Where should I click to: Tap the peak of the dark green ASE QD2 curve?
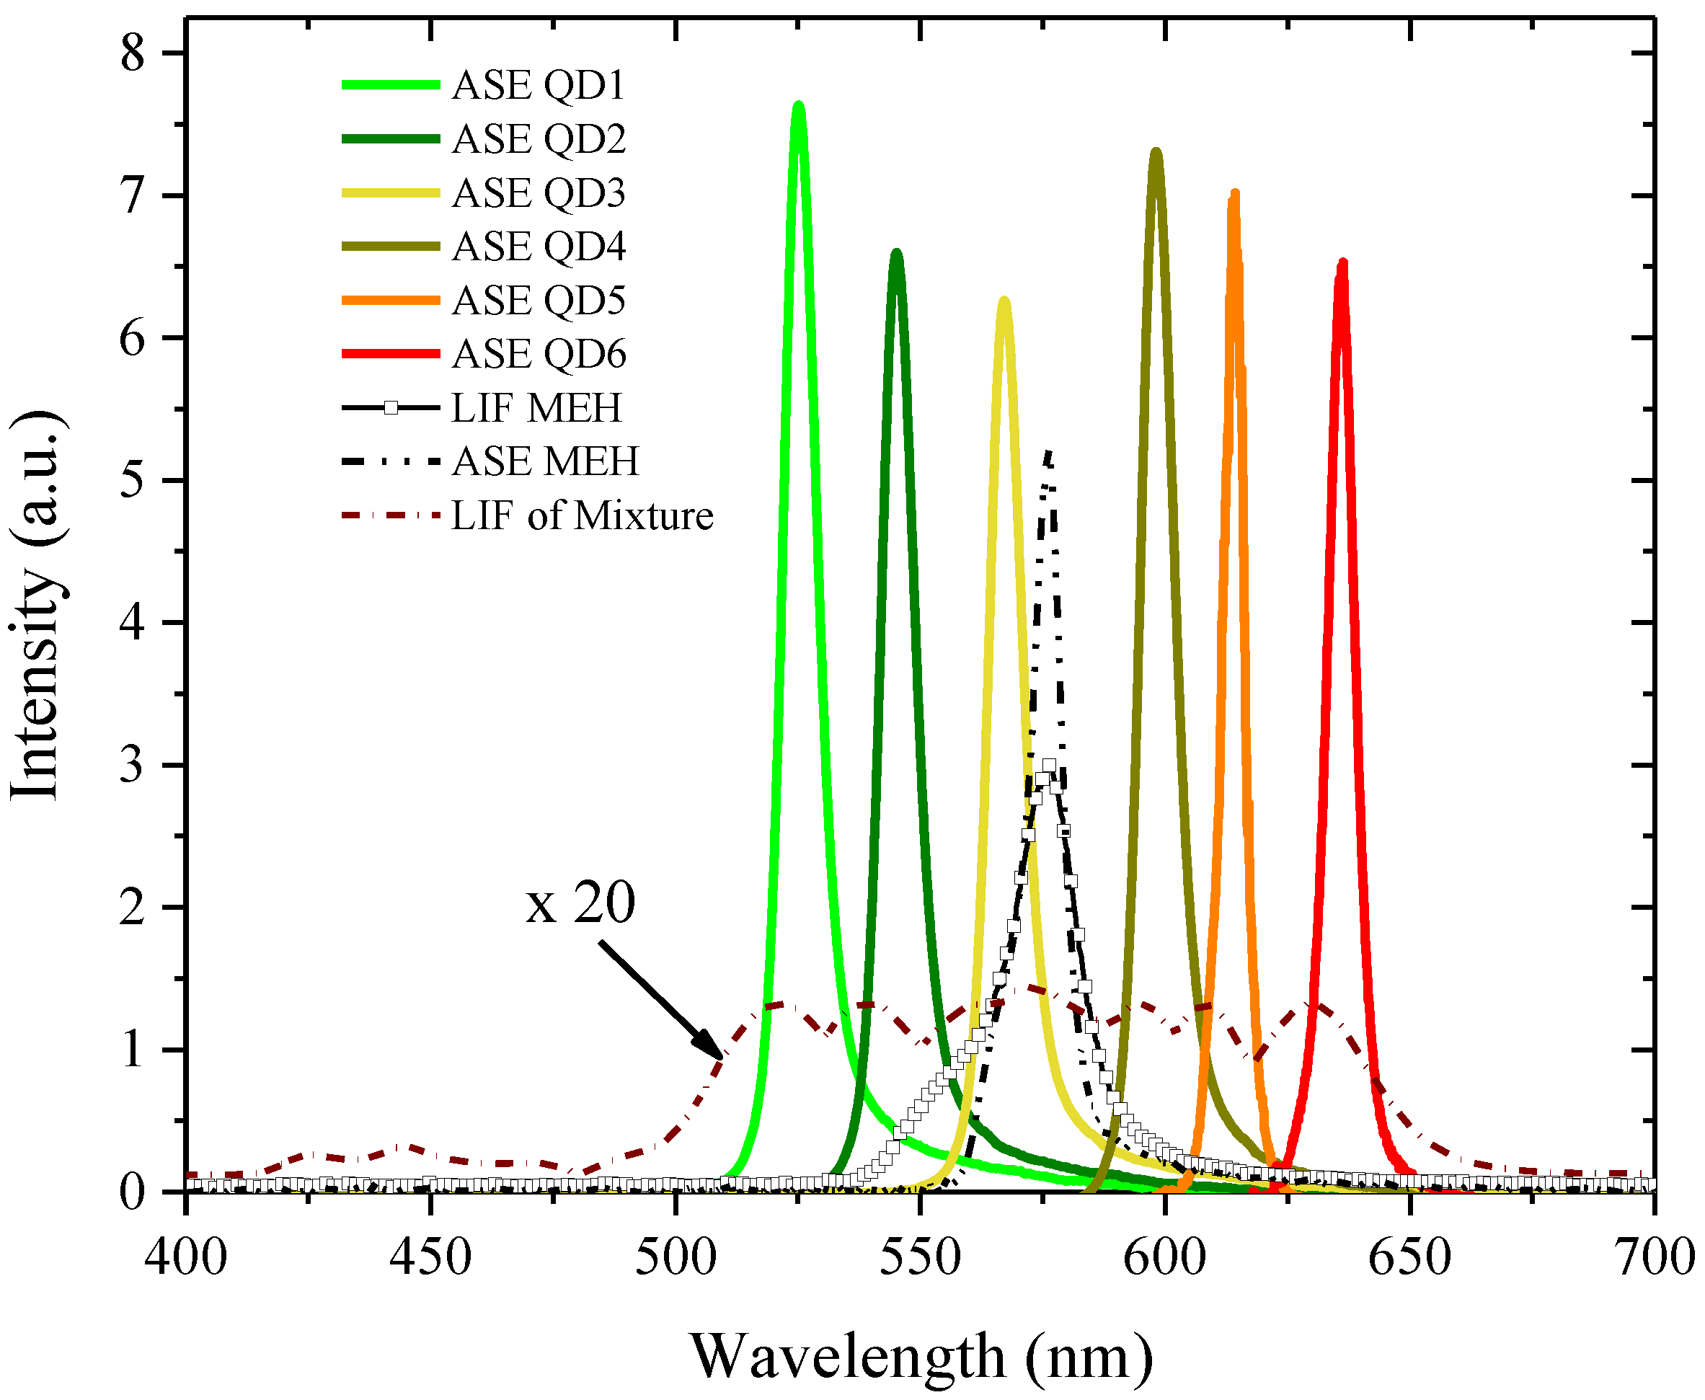[x=896, y=253]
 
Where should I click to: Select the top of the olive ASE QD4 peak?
[x=1156, y=152]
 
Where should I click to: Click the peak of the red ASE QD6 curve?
[x=1342, y=263]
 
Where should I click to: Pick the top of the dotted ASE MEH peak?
[x=1048, y=453]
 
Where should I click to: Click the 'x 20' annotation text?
[x=580, y=903]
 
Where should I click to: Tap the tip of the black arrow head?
[x=722, y=1058]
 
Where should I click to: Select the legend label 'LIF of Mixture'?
[x=583, y=515]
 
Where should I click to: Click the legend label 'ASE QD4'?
[x=539, y=246]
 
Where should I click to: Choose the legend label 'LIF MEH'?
[x=536, y=407]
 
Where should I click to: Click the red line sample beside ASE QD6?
[x=391, y=353]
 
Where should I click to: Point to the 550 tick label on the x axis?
[x=919, y=1257]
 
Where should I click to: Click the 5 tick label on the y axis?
[x=133, y=481]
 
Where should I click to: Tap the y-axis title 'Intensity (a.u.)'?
[x=36, y=605]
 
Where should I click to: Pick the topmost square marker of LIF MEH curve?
[x=1048, y=766]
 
